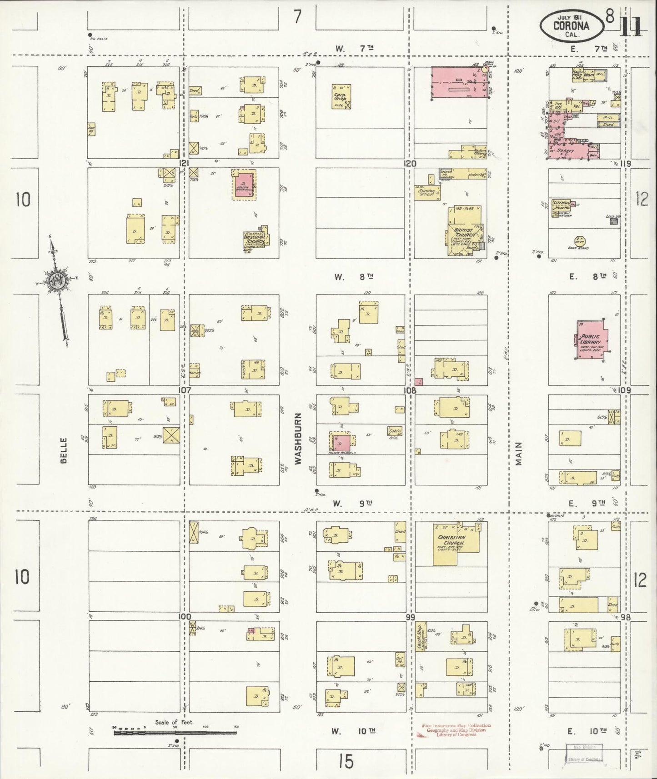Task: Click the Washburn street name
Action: pyautogui.click(x=298, y=438)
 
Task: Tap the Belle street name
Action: pyautogui.click(x=63, y=450)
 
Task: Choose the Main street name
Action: pyautogui.click(x=519, y=454)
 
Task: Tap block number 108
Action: pyautogui.click(x=411, y=390)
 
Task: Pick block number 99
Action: pyautogui.click(x=410, y=617)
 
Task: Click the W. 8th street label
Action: pyautogui.click(x=354, y=276)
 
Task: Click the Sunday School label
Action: pyautogui.click(x=427, y=192)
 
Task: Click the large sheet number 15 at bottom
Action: pyautogui.click(x=346, y=761)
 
